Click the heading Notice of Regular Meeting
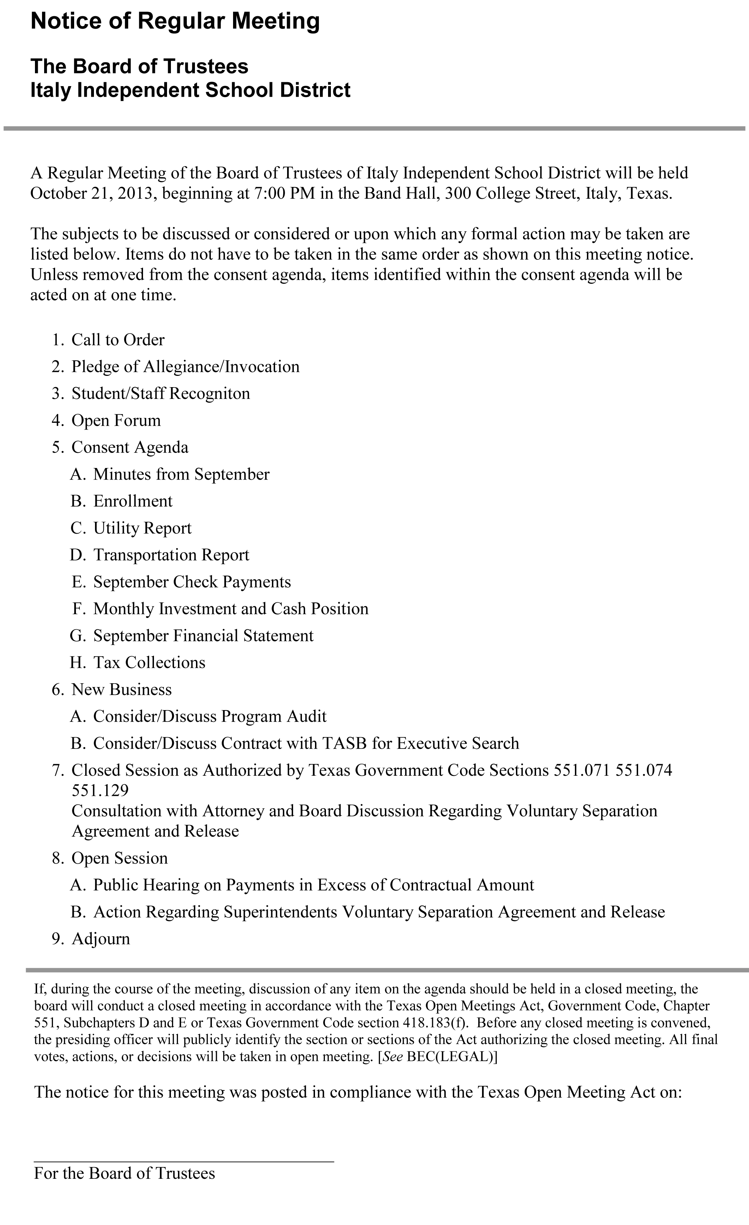(175, 22)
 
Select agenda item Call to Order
(118, 340)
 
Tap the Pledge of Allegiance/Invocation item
(185, 367)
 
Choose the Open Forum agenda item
(117, 421)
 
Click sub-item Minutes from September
(181, 474)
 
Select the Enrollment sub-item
(133, 501)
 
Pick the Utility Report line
(142, 528)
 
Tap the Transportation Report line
(171, 555)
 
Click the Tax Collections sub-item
(149, 663)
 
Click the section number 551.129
(100, 790)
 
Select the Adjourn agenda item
(101, 939)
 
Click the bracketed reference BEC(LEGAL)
(451, 1057)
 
